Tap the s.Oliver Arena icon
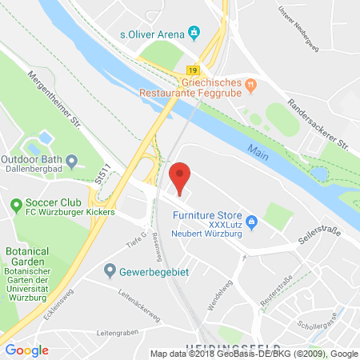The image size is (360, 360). (x=194, y=33)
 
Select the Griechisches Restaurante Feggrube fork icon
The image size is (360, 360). (x=250, y=81)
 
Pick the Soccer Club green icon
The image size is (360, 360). (x=15, y=206)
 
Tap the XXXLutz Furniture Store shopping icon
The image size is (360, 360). (x=251, y=221)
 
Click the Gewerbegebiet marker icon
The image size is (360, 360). (x=109, y=270)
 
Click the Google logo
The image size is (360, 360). (x=26, y=350)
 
